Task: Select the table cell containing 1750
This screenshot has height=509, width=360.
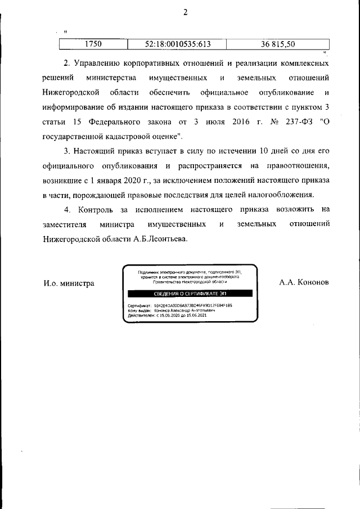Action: pos(93,43)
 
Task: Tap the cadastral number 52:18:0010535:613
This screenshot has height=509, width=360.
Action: pos(178,43)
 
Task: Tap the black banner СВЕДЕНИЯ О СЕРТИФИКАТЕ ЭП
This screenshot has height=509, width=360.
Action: pos(190,294)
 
